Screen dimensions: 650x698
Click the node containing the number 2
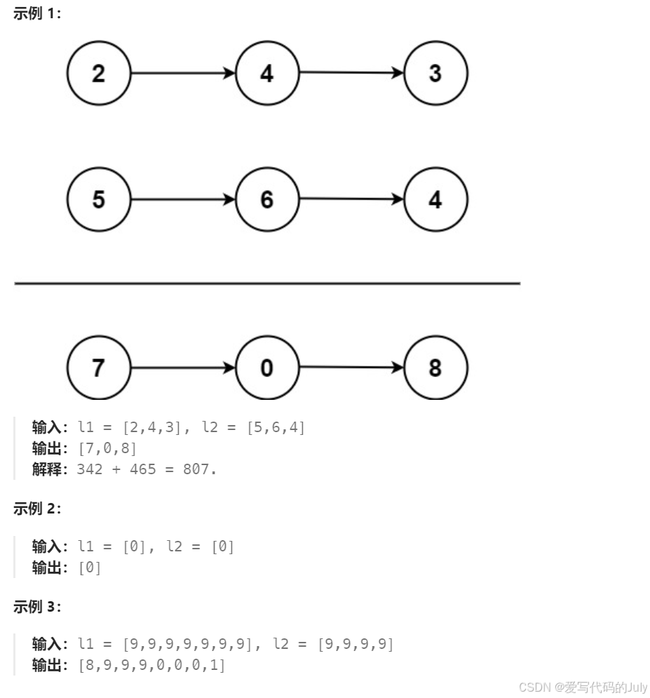pyautogui.click(x=99, y=73)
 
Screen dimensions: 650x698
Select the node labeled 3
pyautogui.click(x=435, y=73)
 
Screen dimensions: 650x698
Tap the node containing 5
pyautogui.click(x=99, y=199)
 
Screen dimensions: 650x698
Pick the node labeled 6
pyautogui.click(x=267, y=199)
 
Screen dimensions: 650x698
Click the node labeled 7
pyautogui.click(x=99, y=368)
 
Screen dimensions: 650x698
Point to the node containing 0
pyautogui.click(x=267, y=368)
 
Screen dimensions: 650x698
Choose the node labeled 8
pyautogui.click(x=435, y=368)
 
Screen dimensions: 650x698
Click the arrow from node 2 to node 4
pyautogui.click(x=183, y=73)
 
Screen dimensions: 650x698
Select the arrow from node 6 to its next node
pyautogui.click(x=351, y=199)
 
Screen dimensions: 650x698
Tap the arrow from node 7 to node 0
pyautogui.click(x=183, y=368)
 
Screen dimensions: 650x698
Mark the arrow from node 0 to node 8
pyautogui.click(x=351, y=368)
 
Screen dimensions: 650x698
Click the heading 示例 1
pyautogui.click(x=37, y=14)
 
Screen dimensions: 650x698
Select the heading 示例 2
pyautogui.click(x=37, y=509)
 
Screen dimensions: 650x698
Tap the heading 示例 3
pyautogui.click(x=37, y=608)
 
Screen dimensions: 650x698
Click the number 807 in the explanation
pyautogui.click(x=196, y=469)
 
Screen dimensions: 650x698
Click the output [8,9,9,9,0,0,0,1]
pyautogui.click(x=152, y=664)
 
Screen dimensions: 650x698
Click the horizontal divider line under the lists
pyautogui.click(x=267, y=283)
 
